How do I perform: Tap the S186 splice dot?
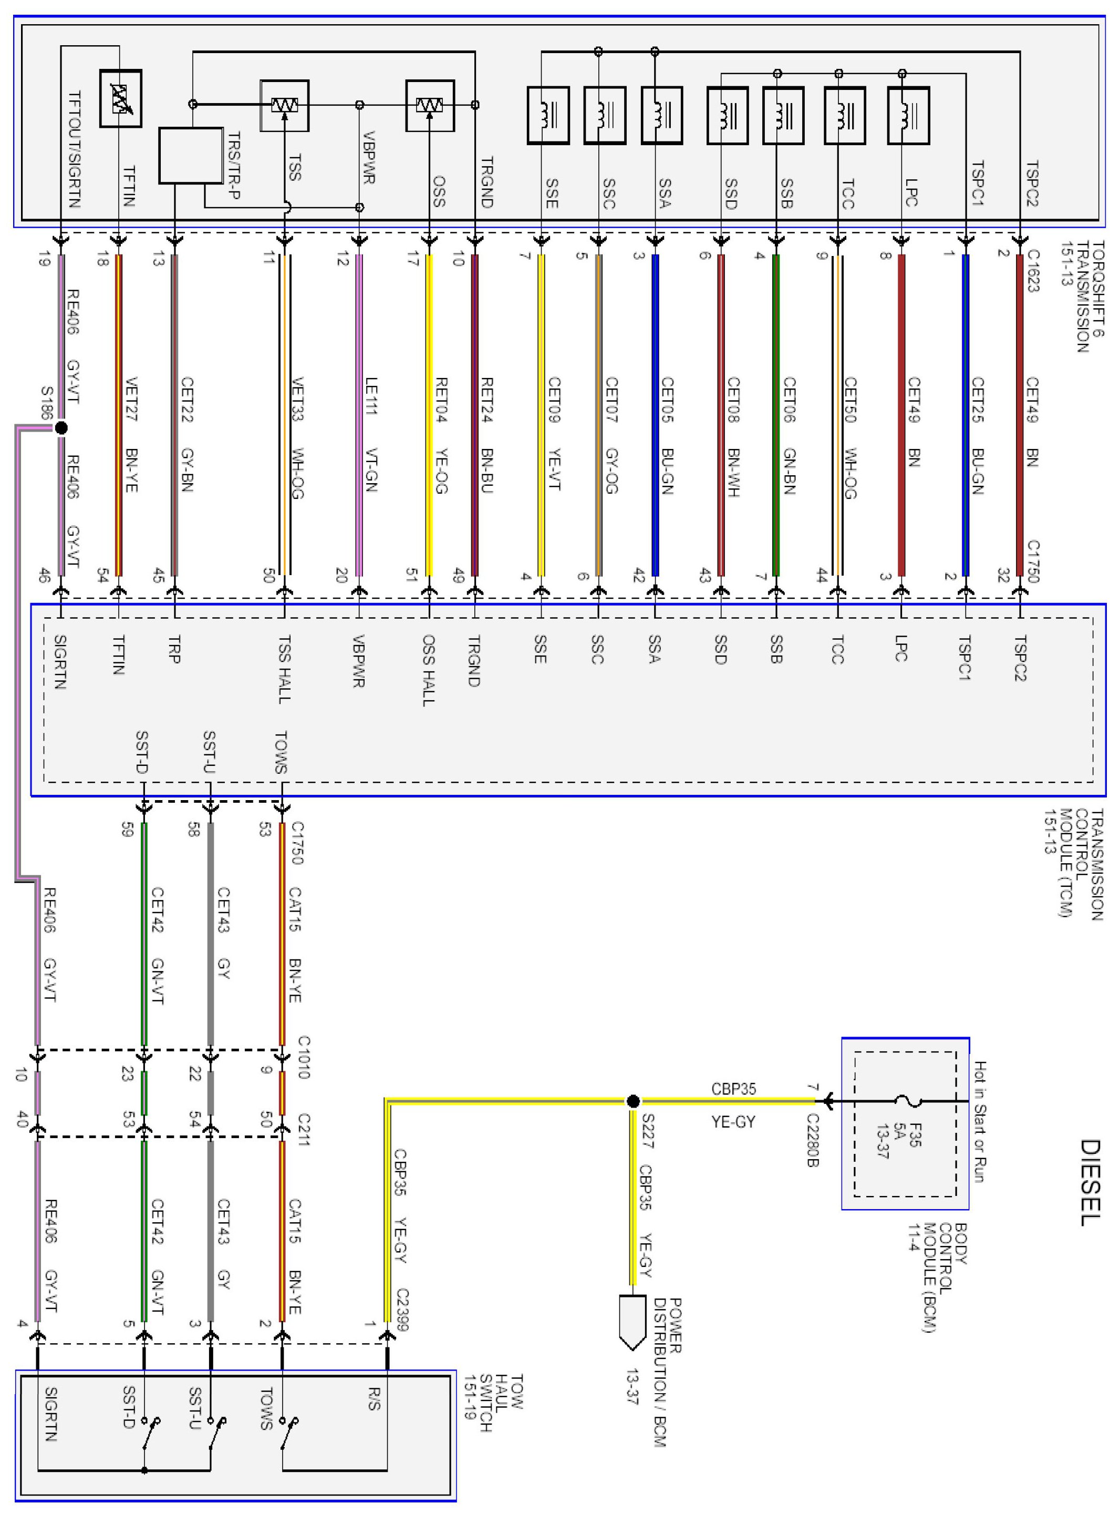pos(61,428)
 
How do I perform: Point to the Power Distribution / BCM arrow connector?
pos(632,1323)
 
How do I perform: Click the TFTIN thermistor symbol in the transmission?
pos(121,99)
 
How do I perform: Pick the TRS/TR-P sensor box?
pos(191,155)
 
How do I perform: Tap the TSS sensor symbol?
pos(285,105)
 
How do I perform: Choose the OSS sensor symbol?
pos(430,105)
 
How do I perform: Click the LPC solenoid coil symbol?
pos(908,115)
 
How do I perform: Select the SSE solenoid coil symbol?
pos(548,115)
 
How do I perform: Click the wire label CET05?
pos(667,400)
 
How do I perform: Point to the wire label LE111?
pos(371,395)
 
